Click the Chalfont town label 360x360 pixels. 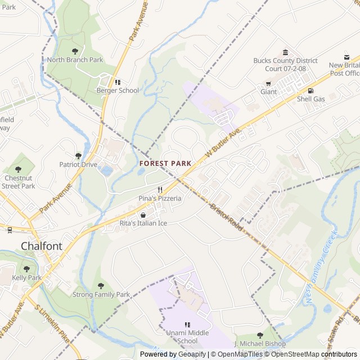coord(41,246)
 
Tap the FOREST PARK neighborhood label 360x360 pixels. coord(165,163)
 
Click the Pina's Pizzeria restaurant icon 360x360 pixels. coord(160,190)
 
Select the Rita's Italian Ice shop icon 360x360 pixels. coord(143,215)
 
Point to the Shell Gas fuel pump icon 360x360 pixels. coord(310,91)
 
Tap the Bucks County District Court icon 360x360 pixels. coord(285,52)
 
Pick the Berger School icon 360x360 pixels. coord(118,82)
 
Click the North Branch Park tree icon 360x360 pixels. coord(75,51)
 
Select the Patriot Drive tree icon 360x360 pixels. coord(79,156)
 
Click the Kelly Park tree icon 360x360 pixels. coord(26,269)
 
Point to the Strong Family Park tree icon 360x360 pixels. coord(101,286)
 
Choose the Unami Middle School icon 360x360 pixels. coord(188,325)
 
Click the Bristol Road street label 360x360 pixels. coord(226,215)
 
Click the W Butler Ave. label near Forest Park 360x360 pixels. coord(223,142)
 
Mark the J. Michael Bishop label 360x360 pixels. coord(260,344)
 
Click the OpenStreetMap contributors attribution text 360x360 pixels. coord(312,354)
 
